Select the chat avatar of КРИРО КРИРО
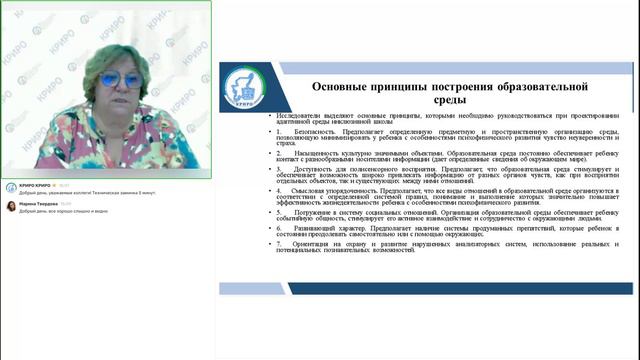[10, 186]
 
